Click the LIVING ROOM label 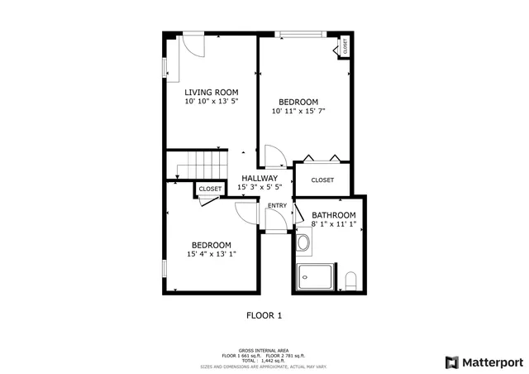tap(212, 92)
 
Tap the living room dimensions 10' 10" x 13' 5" tap(212, 102)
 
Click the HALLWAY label tap(260, 178)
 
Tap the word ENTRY tap(277, 206)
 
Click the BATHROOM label tap(334, 215)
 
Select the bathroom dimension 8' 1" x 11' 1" tap(334, 225)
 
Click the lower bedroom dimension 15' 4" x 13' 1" tap(212, 255)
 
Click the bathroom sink tap(303, 243)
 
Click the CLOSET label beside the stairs tap(210, 189)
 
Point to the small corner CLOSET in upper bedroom tap(345, 46)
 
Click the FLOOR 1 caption tap(264, 315)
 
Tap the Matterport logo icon tap(450, 362)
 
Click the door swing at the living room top tap(193, 44)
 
